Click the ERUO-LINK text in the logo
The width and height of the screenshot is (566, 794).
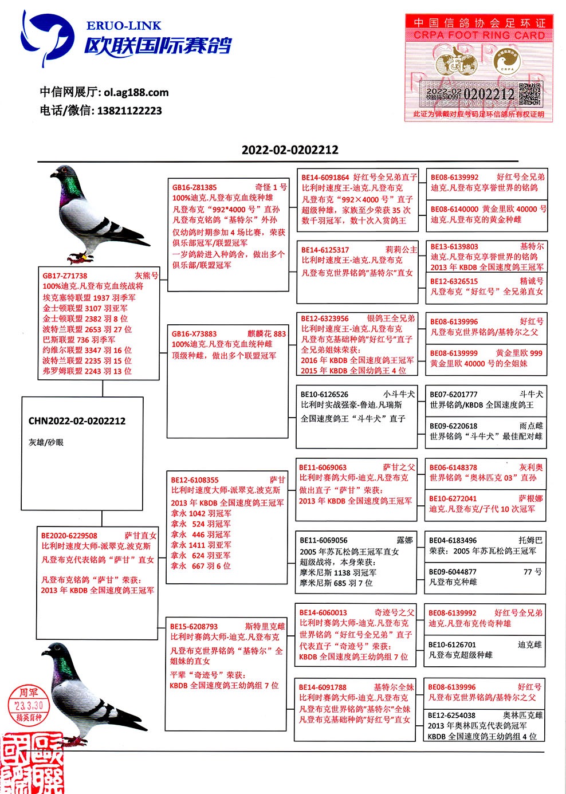tap(124, 26)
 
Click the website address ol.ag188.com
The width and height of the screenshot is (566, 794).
tap(136, 92)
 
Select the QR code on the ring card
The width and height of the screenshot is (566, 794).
tap(529, 94)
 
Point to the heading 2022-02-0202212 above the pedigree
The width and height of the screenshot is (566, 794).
tap(290, 150)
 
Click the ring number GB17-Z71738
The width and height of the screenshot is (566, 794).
tap(65, 276)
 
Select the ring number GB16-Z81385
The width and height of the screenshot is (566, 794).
tap(195, 187)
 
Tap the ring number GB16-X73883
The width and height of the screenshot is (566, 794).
tap(194, 334)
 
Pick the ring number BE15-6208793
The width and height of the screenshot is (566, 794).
tap(194, 627)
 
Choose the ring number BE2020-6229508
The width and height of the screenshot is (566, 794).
tap(69, 536)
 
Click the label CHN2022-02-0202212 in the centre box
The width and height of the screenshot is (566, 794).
tap(77, 421)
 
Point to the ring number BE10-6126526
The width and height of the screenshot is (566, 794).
tap(324, 394)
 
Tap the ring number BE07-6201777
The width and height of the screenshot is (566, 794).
tap(454, 394)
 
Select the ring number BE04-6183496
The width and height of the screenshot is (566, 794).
tap(453, 540)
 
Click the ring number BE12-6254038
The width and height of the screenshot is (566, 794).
tap(451, 715)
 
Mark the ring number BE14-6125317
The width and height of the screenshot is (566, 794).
tap(325, 250)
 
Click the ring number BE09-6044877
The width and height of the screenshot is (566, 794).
tap(453, 572)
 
